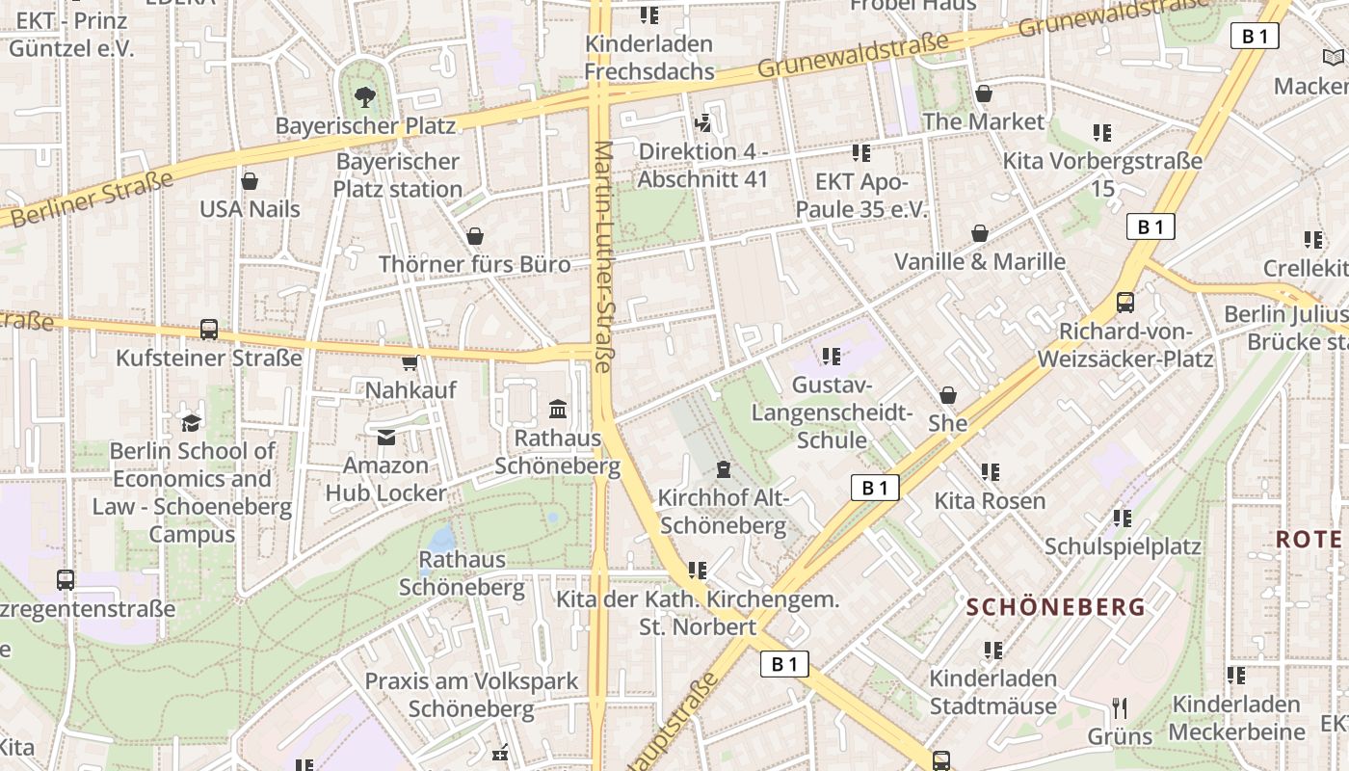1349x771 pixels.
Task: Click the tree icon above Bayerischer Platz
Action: (x=365, y=96)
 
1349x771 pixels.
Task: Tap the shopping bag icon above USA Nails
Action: (x=250, y=181)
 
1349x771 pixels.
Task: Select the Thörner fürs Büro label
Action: (x=474, y=264)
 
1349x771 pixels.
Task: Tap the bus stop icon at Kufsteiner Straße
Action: (x=209, y=330)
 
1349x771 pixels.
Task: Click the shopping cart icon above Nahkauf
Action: (x=410, y=362)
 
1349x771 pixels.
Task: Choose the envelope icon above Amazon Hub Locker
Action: (x=386, y=438)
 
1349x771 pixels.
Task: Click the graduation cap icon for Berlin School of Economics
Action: (x=192, y=422)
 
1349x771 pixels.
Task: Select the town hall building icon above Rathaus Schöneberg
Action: (x=558, y=410)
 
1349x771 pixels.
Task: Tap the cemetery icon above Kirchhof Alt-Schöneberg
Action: (x=723, y=469)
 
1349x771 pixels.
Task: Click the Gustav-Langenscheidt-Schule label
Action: (x=832, y=412)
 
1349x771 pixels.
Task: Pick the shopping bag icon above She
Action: (x=948, y=395)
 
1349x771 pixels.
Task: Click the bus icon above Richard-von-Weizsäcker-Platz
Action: (x=1124, y=303)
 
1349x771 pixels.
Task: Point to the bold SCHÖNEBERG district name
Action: (x=1056, y=607)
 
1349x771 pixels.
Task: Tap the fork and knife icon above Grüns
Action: (x=1120, y=708)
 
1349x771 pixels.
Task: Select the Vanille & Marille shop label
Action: (x=980, y=261)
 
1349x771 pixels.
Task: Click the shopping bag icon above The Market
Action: (x=984, y=93)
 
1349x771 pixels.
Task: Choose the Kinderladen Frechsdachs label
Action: (x=649, y=58)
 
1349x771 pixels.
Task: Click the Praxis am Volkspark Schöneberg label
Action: (x=471, y=695)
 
